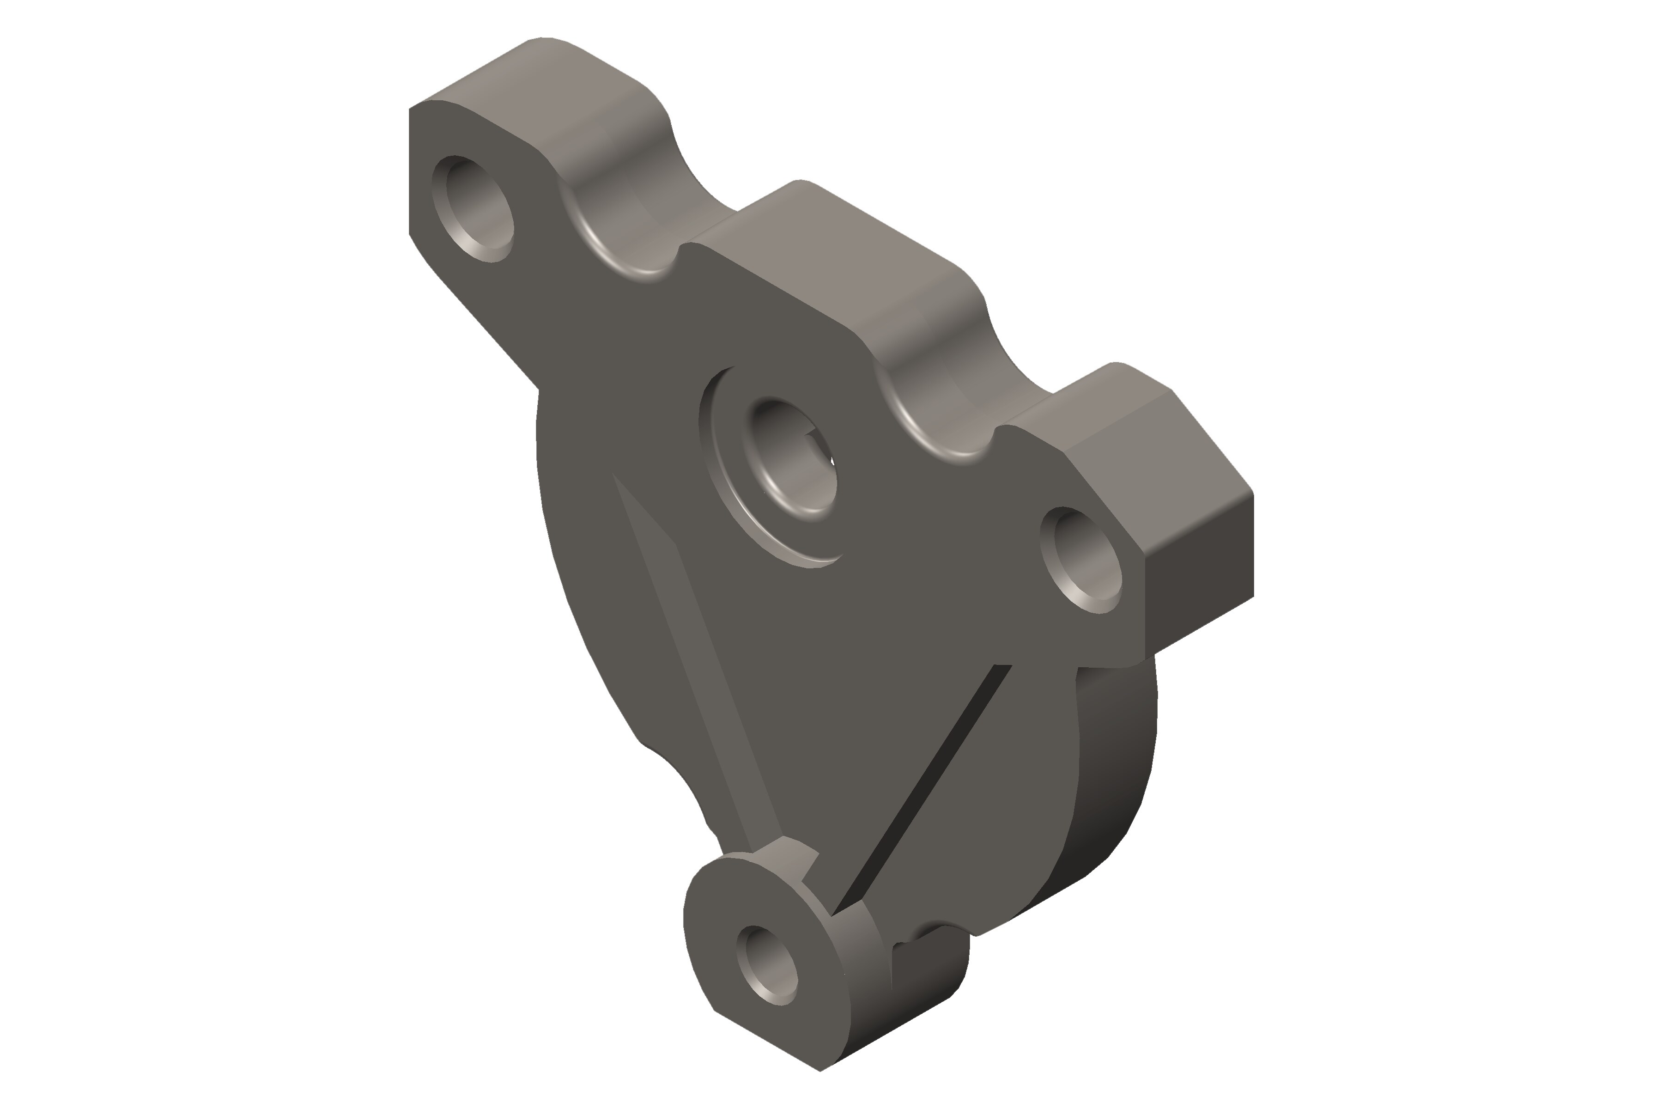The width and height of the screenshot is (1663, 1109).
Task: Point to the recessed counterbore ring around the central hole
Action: click(x=735, y=495)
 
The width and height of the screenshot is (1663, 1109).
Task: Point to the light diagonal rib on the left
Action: click(x=700, y=665)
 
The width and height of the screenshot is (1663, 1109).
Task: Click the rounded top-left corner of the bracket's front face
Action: click(x=424, y=113)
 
